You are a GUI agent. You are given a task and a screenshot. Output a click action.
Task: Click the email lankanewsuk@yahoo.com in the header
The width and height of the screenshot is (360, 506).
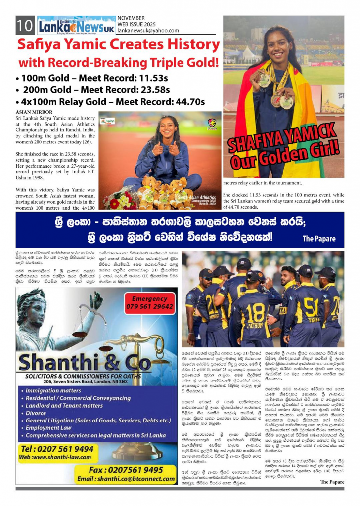click(148, 31)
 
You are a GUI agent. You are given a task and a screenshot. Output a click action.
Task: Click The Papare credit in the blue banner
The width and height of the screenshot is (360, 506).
click(319, 239)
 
